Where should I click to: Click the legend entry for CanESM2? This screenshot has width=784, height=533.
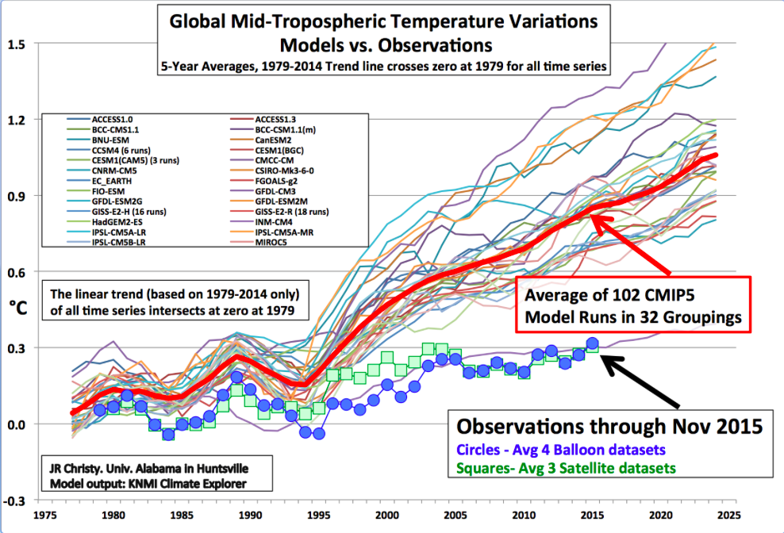273,140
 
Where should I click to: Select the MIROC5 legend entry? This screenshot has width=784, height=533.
271,243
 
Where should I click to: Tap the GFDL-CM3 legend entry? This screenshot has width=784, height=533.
275,191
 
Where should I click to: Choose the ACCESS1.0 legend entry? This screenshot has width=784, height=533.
112,120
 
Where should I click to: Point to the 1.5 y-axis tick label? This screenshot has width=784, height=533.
16,44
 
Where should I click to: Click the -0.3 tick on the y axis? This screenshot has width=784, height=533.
14,501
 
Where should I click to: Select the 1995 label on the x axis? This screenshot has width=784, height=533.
318,516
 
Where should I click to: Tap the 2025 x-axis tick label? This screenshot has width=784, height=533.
728,516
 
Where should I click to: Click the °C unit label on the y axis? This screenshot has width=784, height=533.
17,307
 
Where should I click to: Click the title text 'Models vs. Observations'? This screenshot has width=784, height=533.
386,45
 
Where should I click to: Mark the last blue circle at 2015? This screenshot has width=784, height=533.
593,343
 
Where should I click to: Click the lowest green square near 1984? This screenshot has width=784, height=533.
168,434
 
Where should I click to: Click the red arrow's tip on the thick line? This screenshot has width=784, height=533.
591,215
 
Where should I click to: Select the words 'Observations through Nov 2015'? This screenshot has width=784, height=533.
609,427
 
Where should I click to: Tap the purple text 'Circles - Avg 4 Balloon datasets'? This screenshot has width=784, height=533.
560,450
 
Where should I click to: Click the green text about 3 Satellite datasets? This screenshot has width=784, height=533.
566,469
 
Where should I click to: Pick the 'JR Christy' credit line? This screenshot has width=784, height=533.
148,469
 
